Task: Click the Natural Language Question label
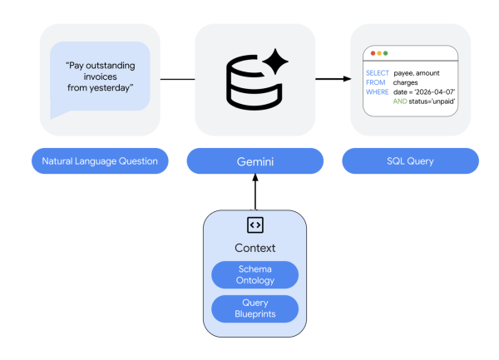[100, 160]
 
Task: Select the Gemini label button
[254, 160]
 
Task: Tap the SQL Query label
[410, 160]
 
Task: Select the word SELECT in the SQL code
[377, 73]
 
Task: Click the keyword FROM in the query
[374, 82]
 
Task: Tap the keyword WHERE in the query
[377, 91]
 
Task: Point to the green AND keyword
[398, 101]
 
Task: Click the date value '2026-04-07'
[432, 91]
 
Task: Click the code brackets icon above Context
[254, 224]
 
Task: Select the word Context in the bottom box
[254, 248]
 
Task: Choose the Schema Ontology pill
[254, 274]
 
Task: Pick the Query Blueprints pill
[254, 308]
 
